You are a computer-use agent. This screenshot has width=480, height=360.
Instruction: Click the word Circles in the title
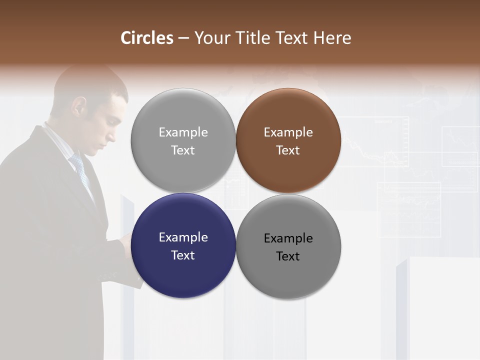(x=147, y=38)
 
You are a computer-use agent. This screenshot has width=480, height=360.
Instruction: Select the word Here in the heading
(x=332, y=38)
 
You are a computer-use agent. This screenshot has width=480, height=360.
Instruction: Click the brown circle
(x=288, y=140)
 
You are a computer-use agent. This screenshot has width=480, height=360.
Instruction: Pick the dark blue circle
(x=183, y=245)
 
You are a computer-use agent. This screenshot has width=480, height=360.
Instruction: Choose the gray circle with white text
(x=183, y=140)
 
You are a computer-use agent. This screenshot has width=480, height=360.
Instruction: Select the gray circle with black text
(x=288, y=246)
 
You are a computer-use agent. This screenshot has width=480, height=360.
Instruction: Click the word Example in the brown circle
(x=288, y=132)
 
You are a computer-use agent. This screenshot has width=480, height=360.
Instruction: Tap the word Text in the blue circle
(x=183, y=255)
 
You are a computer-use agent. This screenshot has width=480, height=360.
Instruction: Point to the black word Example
(x=288, y=238)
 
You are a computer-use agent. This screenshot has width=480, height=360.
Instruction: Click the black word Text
(x=288, y=256)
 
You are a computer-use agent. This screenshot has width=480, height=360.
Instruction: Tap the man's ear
(x=78, y=105)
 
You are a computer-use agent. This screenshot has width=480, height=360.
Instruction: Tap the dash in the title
(x=183, y=38)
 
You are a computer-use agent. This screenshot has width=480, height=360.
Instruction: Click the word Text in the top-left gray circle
(x=183, y=150)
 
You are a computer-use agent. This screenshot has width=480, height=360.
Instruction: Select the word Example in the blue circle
(x=183, y=237)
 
